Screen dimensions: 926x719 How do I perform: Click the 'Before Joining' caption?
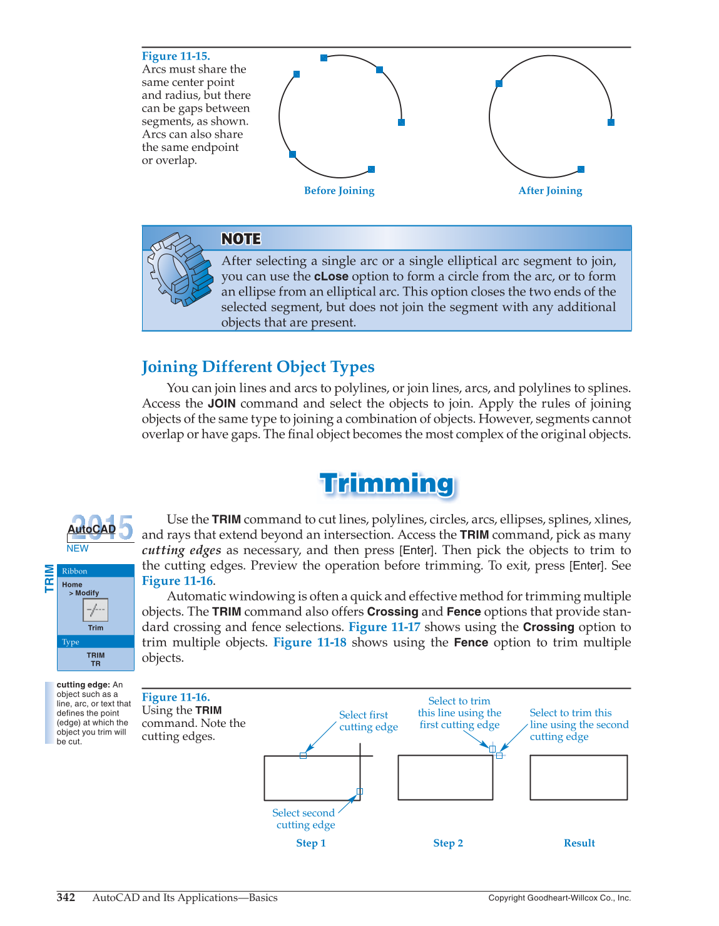coord(339,191)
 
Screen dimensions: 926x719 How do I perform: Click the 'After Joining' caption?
coord(550,191)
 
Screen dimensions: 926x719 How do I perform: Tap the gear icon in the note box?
coord(180,269)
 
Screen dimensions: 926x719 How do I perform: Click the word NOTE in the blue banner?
coord(241,239)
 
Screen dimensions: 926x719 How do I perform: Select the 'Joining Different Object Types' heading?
coord(258,367)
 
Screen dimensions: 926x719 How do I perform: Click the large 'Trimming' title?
coord(387,484)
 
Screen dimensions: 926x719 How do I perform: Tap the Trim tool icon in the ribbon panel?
coord(96,610)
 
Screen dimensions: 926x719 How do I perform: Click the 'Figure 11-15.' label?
coord(176,56)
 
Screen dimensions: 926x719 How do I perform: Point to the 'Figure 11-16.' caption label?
coord(176,697)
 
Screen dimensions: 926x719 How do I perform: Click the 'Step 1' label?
coord(311,843)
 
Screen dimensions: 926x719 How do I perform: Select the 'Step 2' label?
coord(448,843)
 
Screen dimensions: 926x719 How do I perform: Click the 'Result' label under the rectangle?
coord(579,843)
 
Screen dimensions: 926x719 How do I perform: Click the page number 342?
coord(66,898)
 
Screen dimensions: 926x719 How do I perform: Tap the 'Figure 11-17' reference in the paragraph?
coord(384,627)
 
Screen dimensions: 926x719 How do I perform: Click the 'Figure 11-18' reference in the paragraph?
coord(310,642)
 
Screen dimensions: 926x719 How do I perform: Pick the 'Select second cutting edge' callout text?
coord(304,819)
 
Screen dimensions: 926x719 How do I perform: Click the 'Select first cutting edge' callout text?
coord(368,721)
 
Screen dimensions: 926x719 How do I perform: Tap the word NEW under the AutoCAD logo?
coord(78,548)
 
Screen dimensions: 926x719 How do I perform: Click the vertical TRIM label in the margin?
coord(49,579)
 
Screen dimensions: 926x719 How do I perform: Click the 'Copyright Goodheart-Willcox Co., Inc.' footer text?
coord(559,898)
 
